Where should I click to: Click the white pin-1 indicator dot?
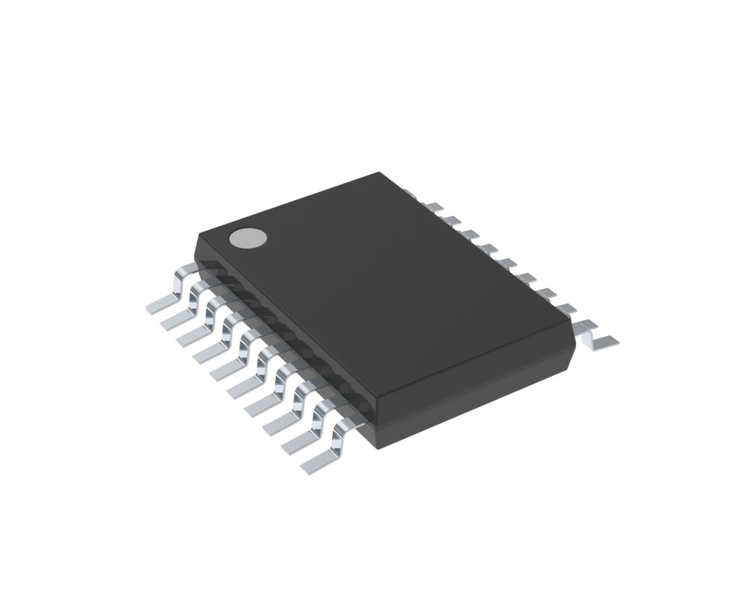click(x=248, y=239)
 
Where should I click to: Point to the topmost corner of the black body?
click(x=380, y=173)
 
